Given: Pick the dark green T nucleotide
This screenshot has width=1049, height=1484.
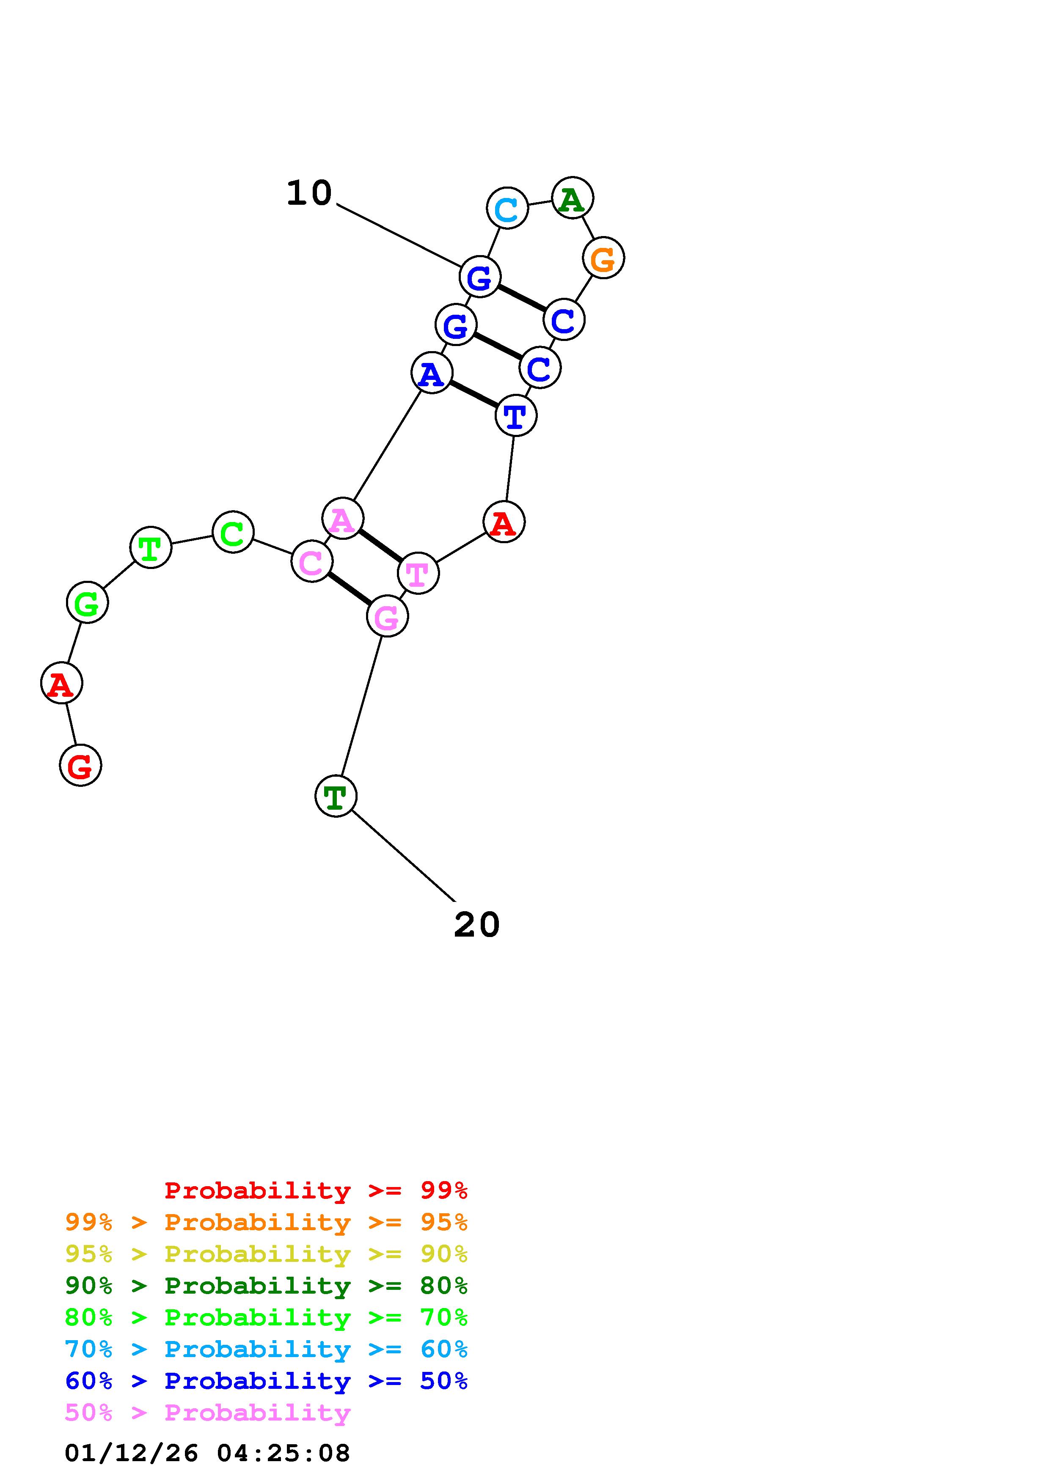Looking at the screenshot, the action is click(336, 796).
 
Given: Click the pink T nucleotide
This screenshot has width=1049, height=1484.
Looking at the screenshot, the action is click(418, 573).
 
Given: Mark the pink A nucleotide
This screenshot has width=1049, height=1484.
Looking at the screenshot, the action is click(343, 518).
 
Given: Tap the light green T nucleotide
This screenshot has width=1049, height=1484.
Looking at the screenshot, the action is click(151, 547).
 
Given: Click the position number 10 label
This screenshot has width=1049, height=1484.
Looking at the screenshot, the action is click(309, 193).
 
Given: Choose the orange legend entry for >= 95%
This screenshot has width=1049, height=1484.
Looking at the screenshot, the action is click(266, 1222).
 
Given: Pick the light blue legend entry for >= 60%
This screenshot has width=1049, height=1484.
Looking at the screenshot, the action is click(266, 1349).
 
